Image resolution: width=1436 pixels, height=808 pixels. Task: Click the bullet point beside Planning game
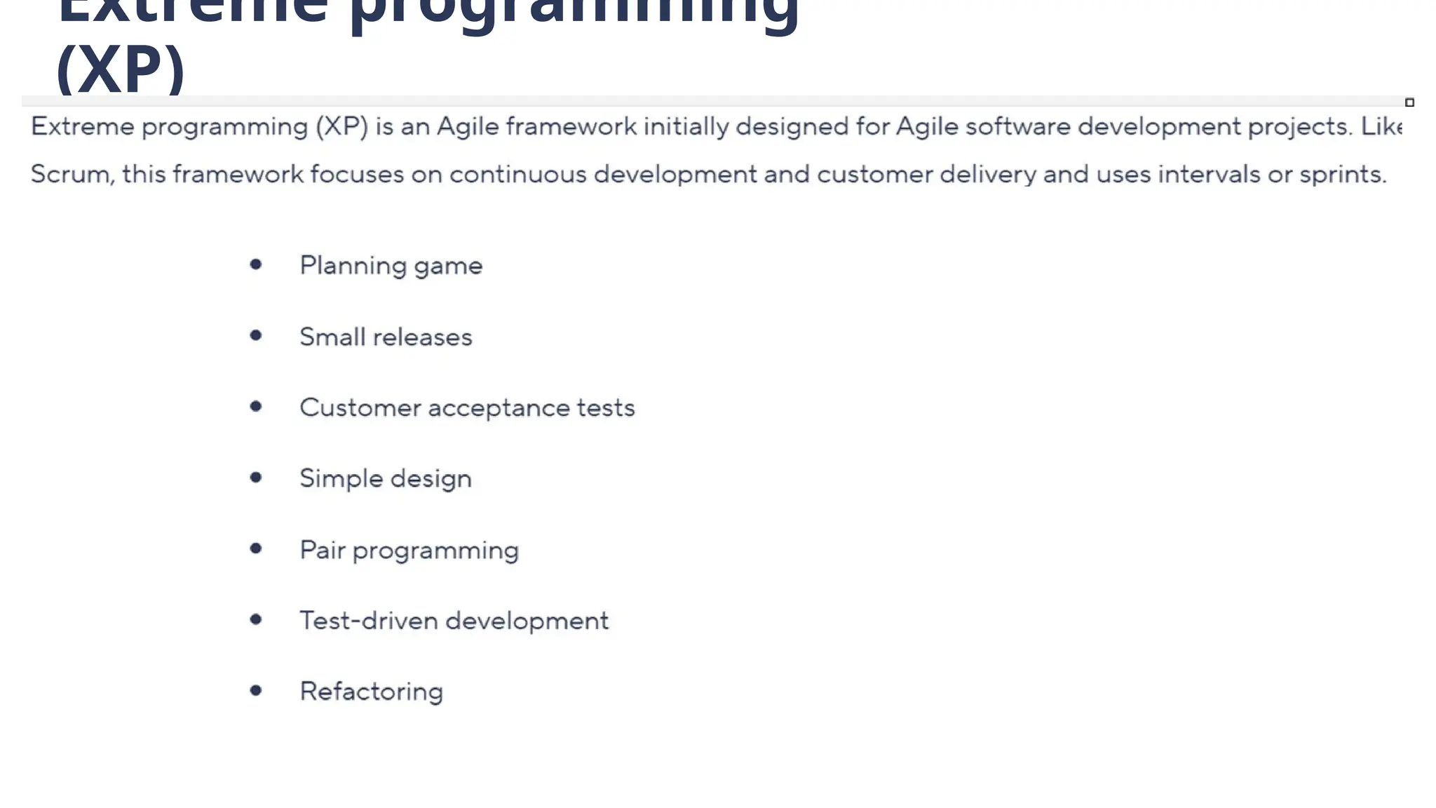256,264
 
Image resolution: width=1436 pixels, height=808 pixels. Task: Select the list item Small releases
386,337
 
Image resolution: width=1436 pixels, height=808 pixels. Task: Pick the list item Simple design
386,479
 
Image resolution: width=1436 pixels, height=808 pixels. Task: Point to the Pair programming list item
409,551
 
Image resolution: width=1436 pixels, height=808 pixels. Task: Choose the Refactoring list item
372,692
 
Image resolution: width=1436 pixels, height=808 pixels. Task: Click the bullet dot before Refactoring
256,691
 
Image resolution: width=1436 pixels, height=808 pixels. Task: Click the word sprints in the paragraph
1341,174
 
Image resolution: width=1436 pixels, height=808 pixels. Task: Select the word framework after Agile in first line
571,126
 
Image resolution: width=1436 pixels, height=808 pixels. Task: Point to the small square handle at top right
1409,102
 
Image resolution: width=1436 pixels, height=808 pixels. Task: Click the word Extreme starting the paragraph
83,126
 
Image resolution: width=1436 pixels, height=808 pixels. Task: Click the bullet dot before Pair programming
256,548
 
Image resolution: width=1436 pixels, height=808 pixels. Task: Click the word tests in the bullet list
606,408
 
